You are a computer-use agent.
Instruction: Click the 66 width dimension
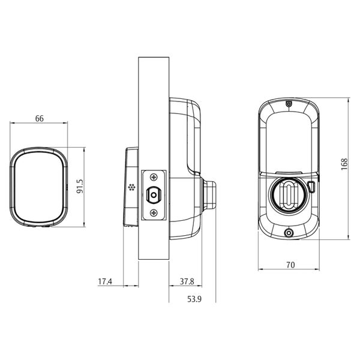coord(40,118)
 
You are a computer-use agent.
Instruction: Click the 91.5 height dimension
coord(79,187)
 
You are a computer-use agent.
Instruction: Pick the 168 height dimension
coord(343,164)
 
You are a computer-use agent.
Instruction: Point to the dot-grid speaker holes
coord(131,187)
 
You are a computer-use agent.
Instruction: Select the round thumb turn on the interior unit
coord(289,194)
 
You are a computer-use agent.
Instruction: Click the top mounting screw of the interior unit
coord(289,104)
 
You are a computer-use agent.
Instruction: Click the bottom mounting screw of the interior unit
coord(289,233)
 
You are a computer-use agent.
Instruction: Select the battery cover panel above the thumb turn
coord(289,141)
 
